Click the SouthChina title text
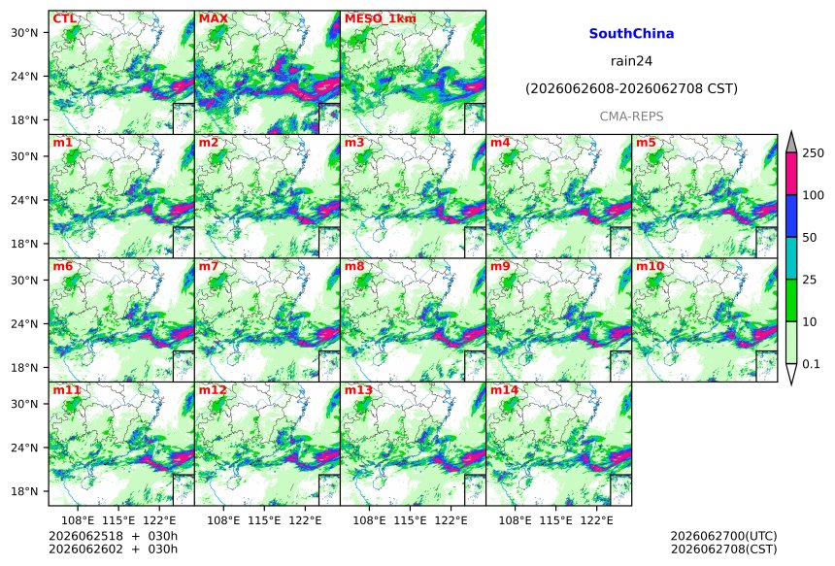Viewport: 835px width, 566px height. pos(631,34)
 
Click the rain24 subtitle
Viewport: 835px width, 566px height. pos(631,61)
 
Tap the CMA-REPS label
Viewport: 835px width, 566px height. pos(631,117)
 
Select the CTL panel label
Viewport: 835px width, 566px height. pos(64,18)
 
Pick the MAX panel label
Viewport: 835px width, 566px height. pos(213,18)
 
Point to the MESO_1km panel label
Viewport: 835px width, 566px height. pos(381,19)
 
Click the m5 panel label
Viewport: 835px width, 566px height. pos(646,143)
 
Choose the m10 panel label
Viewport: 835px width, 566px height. pos(650,266)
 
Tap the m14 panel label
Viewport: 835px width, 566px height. pos(504,390)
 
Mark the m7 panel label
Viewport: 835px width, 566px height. pos(209,266)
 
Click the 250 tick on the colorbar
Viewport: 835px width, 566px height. pos(813,153)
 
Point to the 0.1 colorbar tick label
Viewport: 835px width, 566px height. pos(811,364)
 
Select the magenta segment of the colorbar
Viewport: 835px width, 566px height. pos(790,174)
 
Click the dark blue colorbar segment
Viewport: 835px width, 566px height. pos(790,216)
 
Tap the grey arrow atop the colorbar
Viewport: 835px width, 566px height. pos(790,142)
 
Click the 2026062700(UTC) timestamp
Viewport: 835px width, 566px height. pos(723,536)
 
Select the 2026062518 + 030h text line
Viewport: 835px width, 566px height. pos(113,536)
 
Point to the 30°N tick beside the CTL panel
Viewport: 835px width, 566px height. pos(24,33)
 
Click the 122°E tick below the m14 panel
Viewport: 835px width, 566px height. pos(596,520)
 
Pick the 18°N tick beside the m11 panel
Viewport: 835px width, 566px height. pos(24,491)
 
